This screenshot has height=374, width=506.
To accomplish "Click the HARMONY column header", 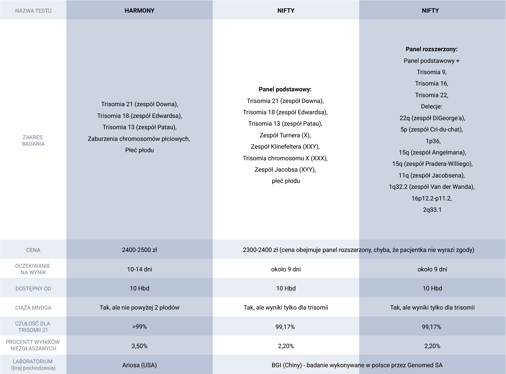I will point(139,10).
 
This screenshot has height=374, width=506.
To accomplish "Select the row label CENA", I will point(33,250).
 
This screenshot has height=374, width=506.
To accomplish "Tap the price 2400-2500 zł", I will point(139,250).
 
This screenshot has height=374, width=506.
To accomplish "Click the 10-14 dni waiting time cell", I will point(139,269).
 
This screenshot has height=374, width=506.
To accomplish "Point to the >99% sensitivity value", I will point(139,327).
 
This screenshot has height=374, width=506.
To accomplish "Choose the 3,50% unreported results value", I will point(139,346).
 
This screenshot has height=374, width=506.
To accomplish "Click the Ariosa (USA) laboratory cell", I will point(139,365).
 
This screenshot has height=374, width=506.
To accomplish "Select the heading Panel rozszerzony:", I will point(431,49).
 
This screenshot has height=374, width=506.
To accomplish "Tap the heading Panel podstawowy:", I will point(285,89).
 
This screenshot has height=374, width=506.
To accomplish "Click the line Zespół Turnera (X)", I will point(285,135).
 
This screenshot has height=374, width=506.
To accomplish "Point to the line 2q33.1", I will point(432,210).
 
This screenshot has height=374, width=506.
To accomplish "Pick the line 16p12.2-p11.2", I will point(431,198).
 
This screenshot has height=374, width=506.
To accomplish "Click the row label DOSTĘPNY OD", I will point(33,289).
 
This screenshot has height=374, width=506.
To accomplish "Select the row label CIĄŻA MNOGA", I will point(33,308).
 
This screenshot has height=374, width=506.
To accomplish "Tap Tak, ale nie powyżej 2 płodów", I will point(139,308).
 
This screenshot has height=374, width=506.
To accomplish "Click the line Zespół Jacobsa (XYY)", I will point(285,169).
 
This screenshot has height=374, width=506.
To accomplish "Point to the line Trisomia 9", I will point(431,72).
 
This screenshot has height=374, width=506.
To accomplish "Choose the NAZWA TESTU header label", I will point(33,11).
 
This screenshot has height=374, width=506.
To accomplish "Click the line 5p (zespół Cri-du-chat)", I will point(431,130).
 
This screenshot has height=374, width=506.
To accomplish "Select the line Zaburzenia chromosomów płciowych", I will point(139,139).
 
